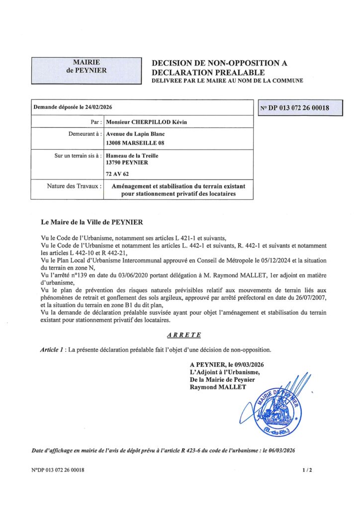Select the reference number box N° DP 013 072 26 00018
click(x=301, y=107)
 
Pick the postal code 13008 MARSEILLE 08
click(x=135, y=143)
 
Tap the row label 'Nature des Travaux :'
click(x=75, y=186)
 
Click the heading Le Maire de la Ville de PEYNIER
click(x=94, y=221)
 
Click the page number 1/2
click(x=307, y=470)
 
